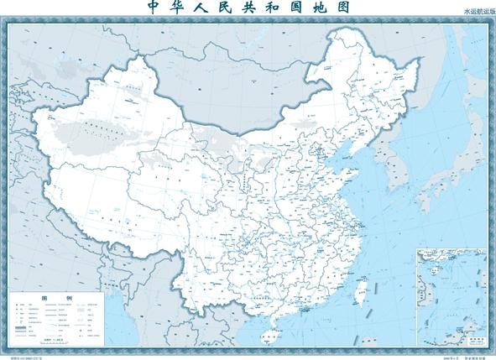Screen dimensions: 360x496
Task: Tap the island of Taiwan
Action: [363, 293]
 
